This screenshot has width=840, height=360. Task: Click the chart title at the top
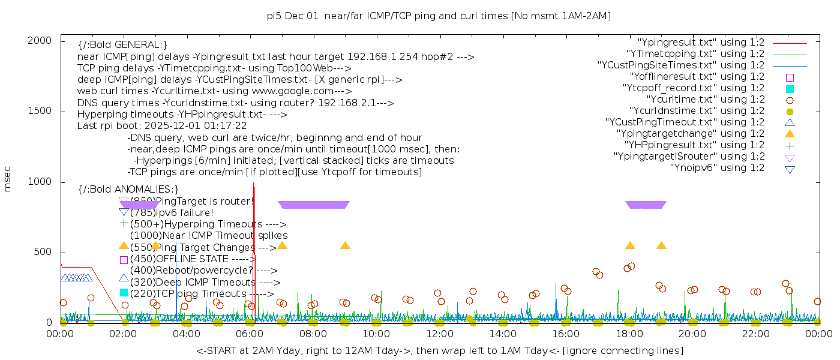coord(439,16)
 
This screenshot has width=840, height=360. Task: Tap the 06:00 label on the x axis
coord(250,334)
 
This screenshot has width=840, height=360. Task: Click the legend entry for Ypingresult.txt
coord(701,43)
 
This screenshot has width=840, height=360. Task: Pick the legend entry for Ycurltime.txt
coord(705,100)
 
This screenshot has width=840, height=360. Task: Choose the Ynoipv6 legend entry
coord(717,168)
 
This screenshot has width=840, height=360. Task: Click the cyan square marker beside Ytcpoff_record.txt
coord(790,88)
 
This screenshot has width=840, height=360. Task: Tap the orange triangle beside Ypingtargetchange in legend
coord(790,134)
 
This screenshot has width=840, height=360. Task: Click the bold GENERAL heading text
coord(122,45)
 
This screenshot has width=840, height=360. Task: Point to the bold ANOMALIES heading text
coord(128,190)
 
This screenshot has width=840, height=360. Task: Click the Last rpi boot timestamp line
coord(162,126)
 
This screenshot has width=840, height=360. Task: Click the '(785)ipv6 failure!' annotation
coord(172,212)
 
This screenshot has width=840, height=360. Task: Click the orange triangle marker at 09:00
coord(345,245)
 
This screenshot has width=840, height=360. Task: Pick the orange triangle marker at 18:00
coord(630,245)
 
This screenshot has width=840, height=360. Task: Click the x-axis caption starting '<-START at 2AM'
coord(439,350)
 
